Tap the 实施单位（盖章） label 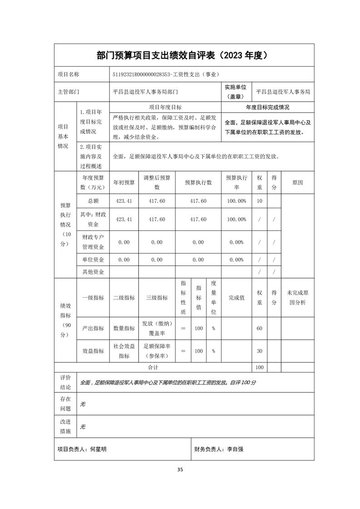(x=235, y=91)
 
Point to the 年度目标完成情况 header (x=267, y=108)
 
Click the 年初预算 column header (x=124, y=182)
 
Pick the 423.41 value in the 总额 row (x=124, y=201)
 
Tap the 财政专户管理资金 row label (x=93, y=242)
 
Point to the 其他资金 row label (x=93, y=272)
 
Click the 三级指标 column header (x=157, y=298)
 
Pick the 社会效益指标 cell (x=124, y=351)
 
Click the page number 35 (x=180, y=469)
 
